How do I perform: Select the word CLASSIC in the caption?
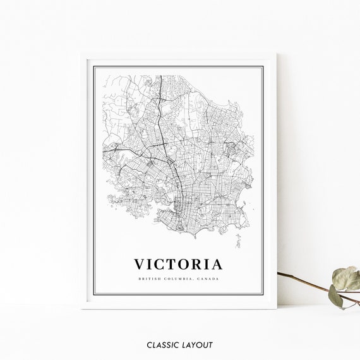tap(162, 345)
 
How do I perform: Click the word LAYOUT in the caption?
tap(198, 345)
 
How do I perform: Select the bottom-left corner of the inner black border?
tap(94, 293)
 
